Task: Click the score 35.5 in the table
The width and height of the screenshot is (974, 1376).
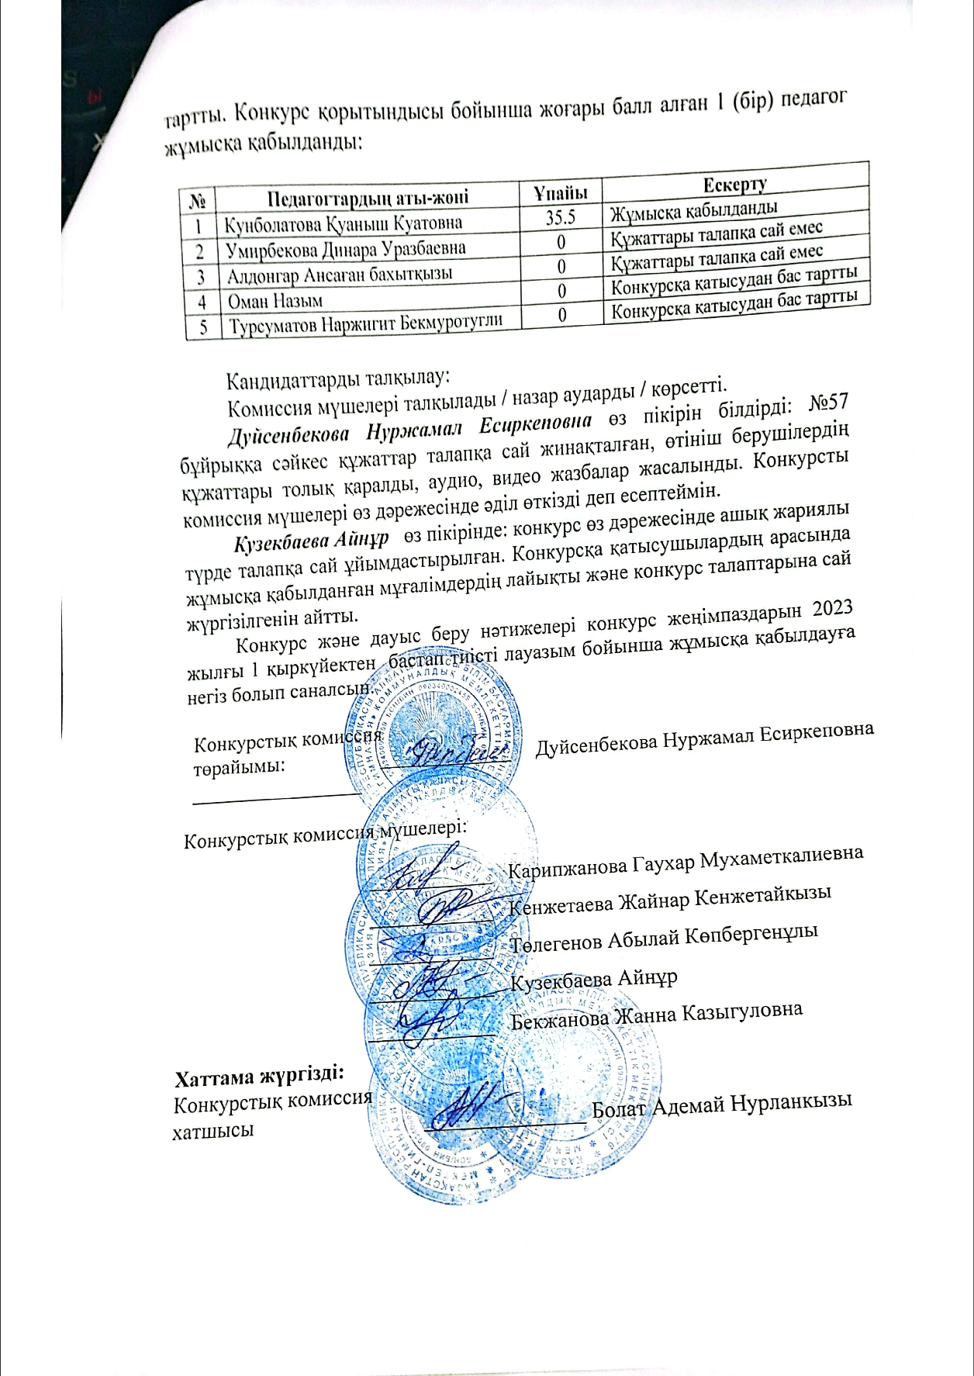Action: (559, 217)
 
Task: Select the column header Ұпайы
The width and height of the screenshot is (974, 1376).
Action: (560, 192)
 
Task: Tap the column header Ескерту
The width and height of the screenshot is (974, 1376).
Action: (734, 185)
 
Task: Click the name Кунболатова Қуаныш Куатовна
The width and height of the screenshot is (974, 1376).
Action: (343, 224)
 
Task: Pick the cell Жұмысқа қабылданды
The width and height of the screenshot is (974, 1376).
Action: (693, 209)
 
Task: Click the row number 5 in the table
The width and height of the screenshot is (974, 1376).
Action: (204, 327)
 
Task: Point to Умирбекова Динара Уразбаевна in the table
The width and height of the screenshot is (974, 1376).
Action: (346, 250)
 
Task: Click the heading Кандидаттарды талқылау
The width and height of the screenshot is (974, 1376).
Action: (337, 379)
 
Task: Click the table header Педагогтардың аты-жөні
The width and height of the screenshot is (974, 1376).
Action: (368, 197)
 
